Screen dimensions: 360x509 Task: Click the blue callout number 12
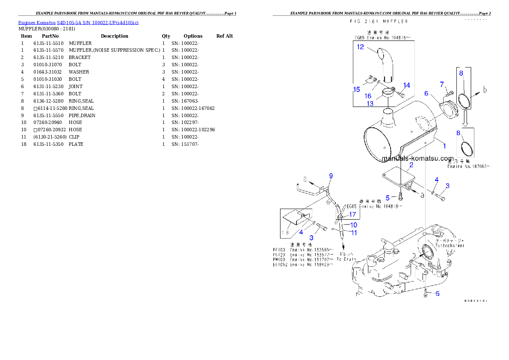click(360, 47)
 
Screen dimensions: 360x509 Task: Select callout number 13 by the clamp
click(370, 103)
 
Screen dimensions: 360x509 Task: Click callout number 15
click(356, 89)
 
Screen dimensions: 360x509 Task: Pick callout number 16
click(368, 96)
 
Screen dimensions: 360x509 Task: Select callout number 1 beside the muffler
click(444, 146)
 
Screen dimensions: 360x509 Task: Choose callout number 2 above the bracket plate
click(411, 165)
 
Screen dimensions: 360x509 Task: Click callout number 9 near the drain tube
click(330, 176)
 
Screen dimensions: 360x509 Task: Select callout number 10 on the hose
click(354, 224)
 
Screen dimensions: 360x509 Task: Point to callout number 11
click(354, 233)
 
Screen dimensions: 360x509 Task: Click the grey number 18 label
click(286, 233)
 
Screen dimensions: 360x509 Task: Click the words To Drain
click(346, 259)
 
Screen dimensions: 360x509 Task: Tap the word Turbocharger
click(450, 246)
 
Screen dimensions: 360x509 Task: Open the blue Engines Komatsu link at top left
click(78, 22)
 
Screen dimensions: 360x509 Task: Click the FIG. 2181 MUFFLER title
click(379, 21)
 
